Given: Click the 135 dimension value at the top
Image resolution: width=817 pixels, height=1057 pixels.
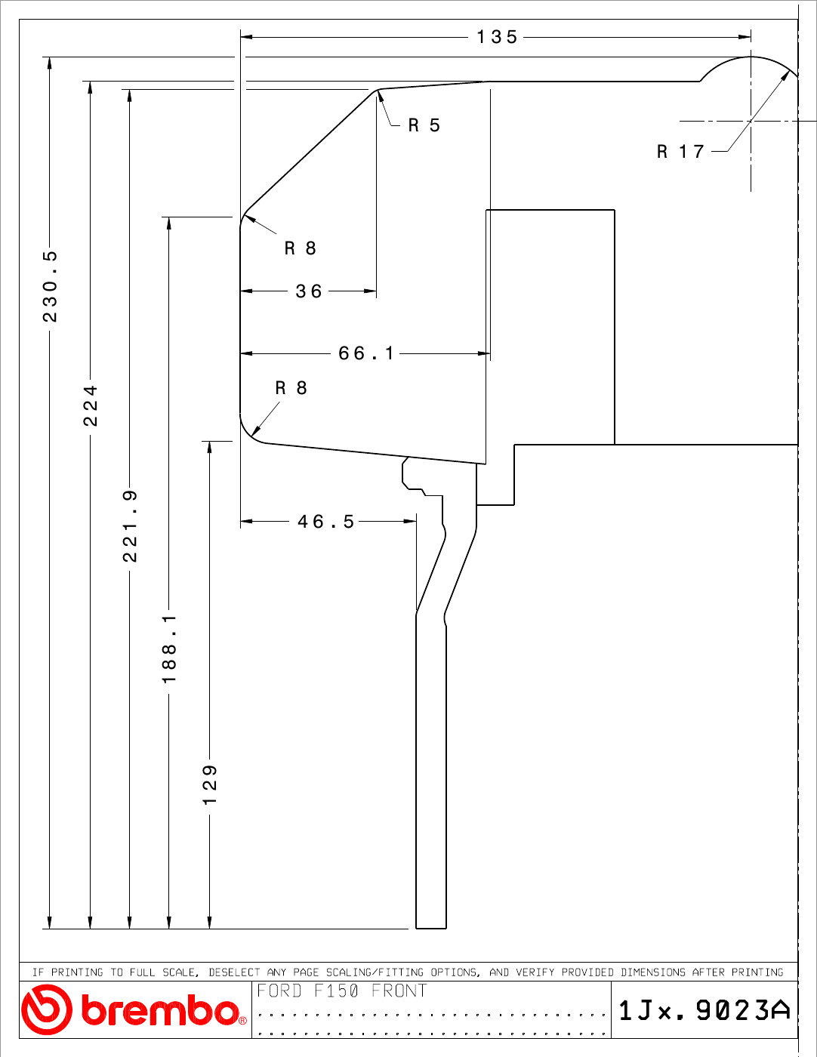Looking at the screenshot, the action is (x=497, y=37).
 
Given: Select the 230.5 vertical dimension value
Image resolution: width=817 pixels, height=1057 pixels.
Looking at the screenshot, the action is (x=50, y=286).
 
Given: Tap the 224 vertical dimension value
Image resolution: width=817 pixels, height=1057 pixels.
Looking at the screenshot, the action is (x=91, y=405).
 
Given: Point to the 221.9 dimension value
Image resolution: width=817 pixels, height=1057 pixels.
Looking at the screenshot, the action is (x=130, y=526).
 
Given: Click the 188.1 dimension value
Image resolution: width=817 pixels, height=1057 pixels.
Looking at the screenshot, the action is (x=169, y=649).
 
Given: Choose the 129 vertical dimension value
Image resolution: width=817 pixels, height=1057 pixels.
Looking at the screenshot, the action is (x=210, y=784).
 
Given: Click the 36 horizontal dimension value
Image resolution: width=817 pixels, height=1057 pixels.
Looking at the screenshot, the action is (x=309, y=291).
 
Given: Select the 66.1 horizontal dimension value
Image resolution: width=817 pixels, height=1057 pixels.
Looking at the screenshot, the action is (x=365, y=353).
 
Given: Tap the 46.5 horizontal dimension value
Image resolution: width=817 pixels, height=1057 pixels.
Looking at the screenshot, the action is (x=326, y=522).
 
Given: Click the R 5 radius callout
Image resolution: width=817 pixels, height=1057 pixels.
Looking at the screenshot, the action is (x=424, y=125).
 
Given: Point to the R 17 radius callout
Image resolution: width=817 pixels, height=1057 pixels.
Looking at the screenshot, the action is (x=680, y=151).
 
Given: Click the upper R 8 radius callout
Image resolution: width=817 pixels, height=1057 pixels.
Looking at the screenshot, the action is (x=301, y=248).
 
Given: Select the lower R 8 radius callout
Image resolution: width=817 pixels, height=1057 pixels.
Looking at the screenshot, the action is (x=291, y=387).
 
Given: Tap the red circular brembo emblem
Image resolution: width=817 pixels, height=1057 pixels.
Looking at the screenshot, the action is (x=47, y=1009).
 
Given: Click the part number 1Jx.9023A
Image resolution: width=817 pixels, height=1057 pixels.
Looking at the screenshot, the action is (x=704, y=1010).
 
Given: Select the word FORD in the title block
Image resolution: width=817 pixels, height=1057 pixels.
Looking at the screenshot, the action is (x=279, y=991).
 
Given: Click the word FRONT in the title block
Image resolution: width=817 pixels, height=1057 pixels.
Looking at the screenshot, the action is (x=399, y=991).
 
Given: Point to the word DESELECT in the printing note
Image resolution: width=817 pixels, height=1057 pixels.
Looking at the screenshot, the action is (x=234, y=972).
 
